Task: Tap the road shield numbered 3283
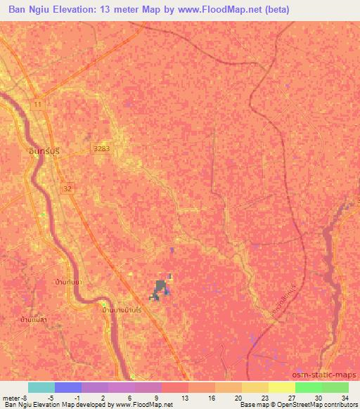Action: [x=101, y=149]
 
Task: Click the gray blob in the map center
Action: [x=160, y=289]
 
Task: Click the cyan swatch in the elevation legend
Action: [x=41, y=387]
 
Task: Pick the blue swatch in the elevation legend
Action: [x=68, y=387]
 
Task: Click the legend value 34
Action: [x=344, y=397]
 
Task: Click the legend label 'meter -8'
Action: [x=15, y=397]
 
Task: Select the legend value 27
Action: [x=290, y=397]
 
